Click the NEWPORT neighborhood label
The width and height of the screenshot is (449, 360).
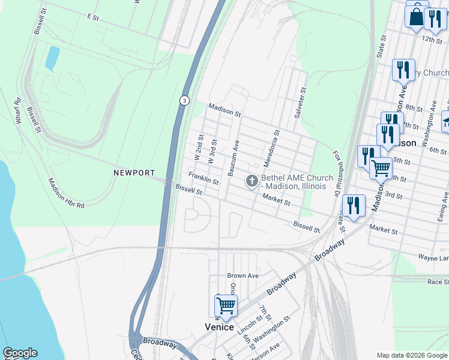tap(134, 173)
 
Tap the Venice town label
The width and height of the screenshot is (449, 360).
tap(218, 327)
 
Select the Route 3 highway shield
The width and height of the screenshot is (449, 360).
tap(182, 100)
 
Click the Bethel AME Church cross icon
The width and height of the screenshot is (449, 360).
tap(252, 181)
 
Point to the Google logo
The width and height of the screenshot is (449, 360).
tap(20, 353)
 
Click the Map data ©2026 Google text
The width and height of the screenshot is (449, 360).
tap(412, 355)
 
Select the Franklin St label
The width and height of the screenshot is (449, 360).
tap(203, 178)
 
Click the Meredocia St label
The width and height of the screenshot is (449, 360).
tap(270, 149)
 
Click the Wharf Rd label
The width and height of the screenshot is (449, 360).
tap(18, 110)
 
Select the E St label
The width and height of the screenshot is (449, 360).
tap(92, 17)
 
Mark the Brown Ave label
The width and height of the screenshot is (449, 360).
tap(243, 276)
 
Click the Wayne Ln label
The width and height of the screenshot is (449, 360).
tap(433, 257)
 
